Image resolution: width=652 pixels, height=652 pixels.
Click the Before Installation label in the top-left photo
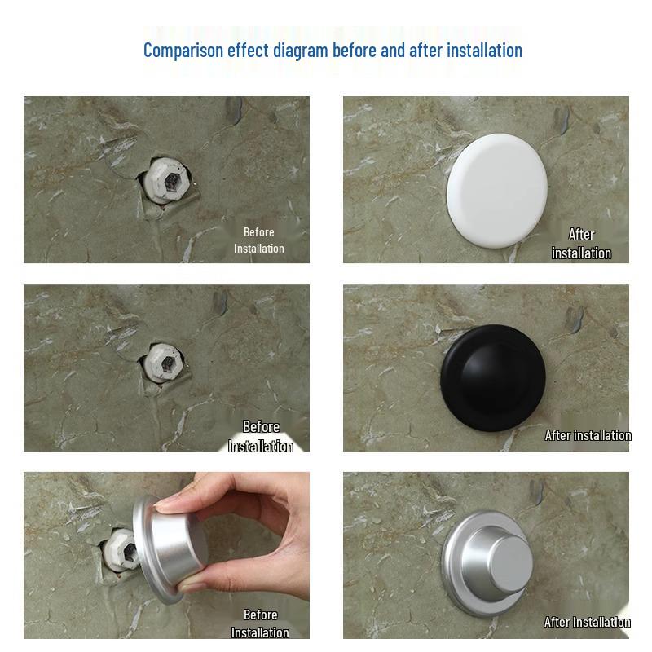pos(259,240)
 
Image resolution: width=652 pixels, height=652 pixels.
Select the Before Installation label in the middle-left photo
pos(261,437)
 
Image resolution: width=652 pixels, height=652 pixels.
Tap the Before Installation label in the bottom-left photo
pos(260,623)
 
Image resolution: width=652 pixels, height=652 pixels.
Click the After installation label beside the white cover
pos(581,244)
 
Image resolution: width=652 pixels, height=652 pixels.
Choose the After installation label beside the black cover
pos(588,436)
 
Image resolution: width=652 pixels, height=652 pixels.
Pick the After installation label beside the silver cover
pos(587,623)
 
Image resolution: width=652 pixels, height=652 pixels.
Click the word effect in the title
pos(248,51)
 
